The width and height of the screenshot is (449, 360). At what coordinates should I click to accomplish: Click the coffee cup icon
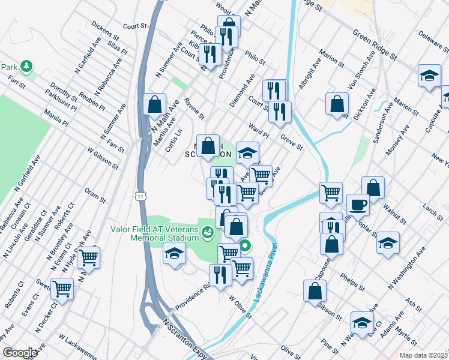coord(358,204)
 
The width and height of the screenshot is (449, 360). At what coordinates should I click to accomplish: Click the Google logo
coord(20,352)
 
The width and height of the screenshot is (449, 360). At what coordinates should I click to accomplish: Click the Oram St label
coord(95,193)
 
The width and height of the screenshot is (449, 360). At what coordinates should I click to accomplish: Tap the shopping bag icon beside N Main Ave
coord(155,103)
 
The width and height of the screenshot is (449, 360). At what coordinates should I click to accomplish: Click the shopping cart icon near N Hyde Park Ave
coord(88,257)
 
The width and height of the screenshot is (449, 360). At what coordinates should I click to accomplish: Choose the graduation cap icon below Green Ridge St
coord(429,76)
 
